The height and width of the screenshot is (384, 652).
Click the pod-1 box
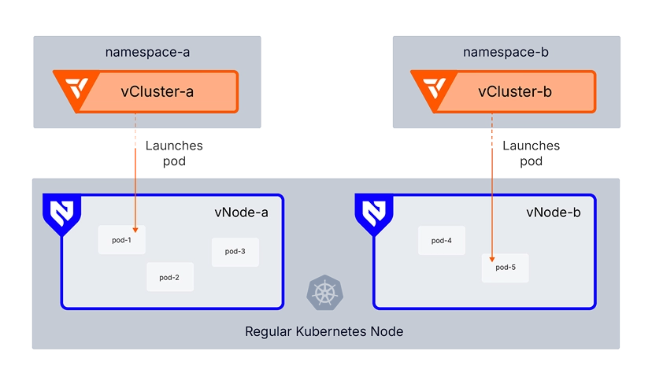(121, 239)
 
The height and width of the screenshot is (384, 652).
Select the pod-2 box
(170, 277)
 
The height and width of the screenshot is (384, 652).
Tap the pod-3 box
(235, 251)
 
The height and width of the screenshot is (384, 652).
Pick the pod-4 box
(442, 240)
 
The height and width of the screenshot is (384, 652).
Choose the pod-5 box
(506, 268)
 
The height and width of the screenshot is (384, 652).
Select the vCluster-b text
(515, 91)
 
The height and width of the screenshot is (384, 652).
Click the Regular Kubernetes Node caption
(324, 331)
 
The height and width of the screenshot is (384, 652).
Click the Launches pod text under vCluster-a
(175, 153)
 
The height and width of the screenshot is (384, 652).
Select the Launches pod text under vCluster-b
(532, 153)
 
